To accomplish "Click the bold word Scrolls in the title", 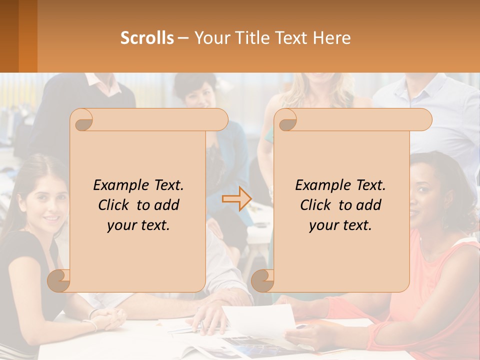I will pos(147,38).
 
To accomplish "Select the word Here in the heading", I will pos(332,38).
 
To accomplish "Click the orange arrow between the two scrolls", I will pos(236,199).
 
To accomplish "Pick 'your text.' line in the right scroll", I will pos(340,225).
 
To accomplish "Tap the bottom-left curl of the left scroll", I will pos(59,280).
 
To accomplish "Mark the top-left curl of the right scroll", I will pos(286,120).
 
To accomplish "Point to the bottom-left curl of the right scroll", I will pos(263,280).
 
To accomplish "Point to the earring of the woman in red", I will pos(444,220).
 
